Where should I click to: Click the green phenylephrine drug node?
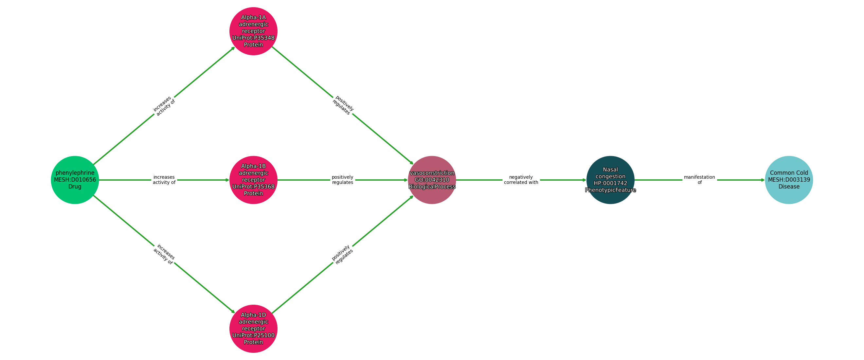75,180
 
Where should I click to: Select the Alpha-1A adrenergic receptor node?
253,31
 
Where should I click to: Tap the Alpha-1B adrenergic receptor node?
253,180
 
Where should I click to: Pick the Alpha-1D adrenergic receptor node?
253,329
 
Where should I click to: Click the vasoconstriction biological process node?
432,180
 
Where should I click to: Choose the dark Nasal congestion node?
610,180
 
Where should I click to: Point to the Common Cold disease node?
788,180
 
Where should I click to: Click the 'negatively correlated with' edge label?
521,180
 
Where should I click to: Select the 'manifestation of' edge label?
699,180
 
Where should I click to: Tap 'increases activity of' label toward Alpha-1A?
164,106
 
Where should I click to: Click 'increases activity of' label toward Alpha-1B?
164,180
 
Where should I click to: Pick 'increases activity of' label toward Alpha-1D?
164,254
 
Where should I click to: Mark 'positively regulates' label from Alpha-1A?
343,105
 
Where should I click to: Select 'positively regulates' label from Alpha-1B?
342,180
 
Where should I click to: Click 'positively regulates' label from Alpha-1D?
342,254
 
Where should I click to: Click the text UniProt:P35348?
253,38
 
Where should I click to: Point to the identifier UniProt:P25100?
253,335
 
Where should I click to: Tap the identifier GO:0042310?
432,180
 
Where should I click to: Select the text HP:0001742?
610,183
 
